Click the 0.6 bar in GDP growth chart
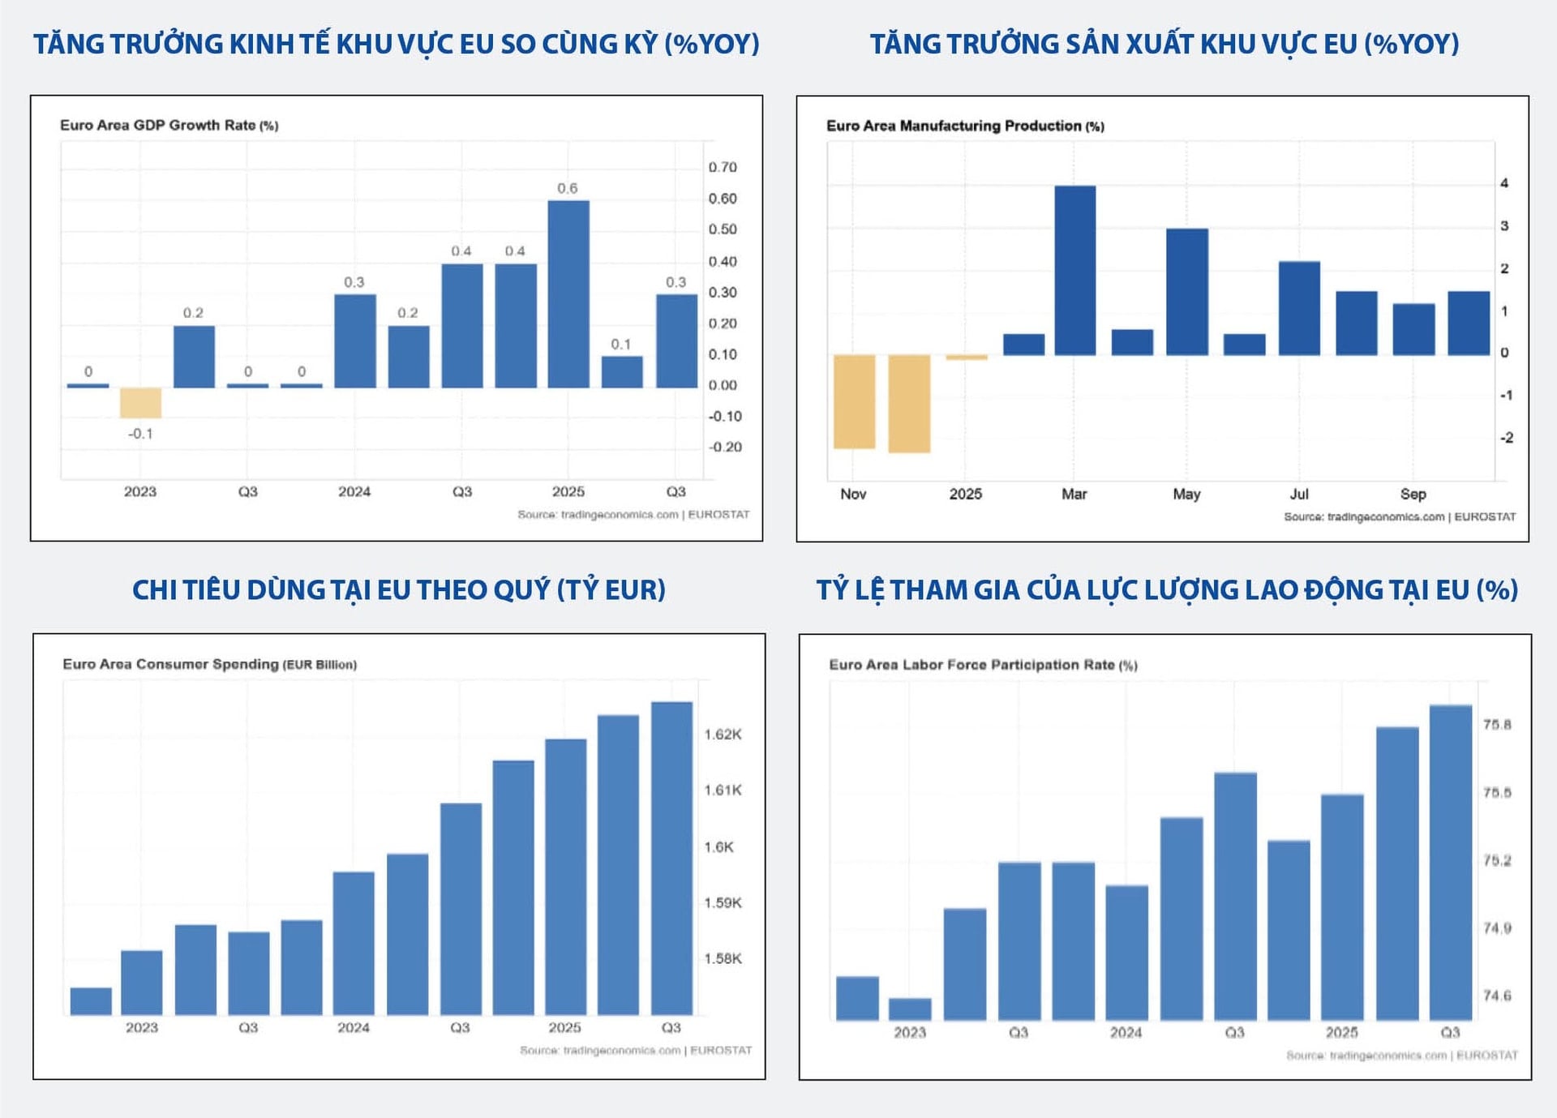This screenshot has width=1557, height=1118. tap(568, 293)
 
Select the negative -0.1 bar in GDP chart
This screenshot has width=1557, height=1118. tap(140, 403)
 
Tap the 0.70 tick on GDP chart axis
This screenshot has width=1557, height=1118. tap(723, 168)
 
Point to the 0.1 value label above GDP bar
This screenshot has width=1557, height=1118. tap(621, 345)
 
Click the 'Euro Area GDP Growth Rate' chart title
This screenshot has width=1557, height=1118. tap(169, 126)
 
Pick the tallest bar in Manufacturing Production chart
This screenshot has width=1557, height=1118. tap(1074, 271)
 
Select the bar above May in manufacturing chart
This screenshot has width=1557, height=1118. tap(1186, 292)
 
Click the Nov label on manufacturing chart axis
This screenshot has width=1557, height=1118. tap(853, 495)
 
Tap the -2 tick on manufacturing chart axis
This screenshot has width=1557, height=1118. tap(1506, 438)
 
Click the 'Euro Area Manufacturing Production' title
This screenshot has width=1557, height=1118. tap(964, 126)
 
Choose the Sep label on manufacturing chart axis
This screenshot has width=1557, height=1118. tap(1413, 495)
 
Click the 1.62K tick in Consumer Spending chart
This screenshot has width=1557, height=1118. tap(723, 735)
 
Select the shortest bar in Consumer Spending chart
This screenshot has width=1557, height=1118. tap(91, 1001)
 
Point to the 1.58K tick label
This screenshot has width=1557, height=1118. tap(723, 959)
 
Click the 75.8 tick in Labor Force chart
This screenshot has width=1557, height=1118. tap(1497, 725)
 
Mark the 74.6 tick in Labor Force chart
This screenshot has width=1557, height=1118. tap(1497, 996)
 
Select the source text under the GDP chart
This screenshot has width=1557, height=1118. tap(633, 515)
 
